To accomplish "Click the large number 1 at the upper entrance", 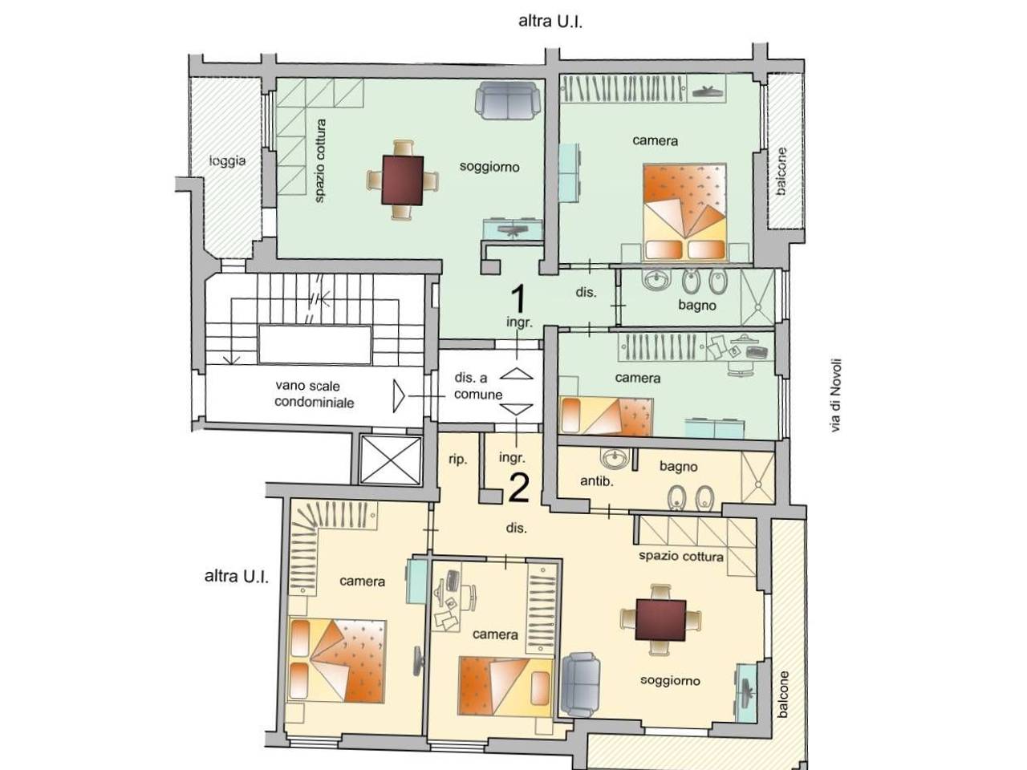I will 518,298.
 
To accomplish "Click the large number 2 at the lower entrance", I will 519,488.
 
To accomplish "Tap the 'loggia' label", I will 227,160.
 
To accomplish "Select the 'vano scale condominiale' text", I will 314,394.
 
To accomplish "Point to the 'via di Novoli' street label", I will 835,395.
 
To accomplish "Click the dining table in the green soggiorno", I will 403,180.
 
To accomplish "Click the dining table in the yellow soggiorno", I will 660,620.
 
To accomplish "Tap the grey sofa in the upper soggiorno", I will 507,100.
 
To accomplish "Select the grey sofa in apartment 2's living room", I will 580,684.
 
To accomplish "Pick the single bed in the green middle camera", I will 607,416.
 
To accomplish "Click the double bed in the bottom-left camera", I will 337,660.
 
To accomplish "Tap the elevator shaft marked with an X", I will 391,460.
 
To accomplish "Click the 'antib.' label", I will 596,481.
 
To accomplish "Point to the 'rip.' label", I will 457,459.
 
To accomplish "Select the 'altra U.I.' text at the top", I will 550,22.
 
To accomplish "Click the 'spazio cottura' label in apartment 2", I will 680,556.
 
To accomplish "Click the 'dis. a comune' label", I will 477,386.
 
